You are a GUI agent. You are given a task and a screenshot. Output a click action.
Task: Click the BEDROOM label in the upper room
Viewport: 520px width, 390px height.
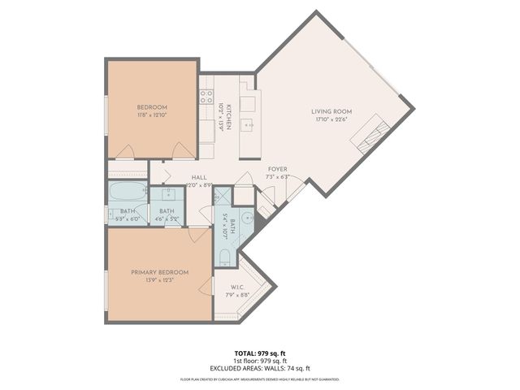(x=152, y=108)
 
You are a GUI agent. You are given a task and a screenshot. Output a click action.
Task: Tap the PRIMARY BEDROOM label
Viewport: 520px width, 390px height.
(x=160, y=272)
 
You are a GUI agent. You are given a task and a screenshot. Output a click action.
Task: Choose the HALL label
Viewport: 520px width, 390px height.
(x=199, y=177)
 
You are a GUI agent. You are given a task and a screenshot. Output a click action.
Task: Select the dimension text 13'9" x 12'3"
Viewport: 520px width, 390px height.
(x=160, y=281)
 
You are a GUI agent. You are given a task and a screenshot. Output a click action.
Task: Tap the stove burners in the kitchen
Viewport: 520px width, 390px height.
(x=206, y=98)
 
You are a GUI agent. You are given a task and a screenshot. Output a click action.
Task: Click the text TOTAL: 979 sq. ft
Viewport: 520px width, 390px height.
(x=259, y=352)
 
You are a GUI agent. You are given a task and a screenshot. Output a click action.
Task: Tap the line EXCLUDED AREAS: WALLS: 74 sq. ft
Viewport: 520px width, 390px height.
(x=259, y=368)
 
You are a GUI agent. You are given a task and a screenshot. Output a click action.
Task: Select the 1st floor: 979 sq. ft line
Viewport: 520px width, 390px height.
(x=259, y=360)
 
